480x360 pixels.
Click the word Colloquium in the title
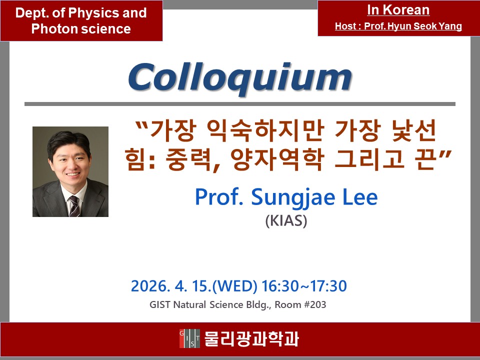coord(239,77)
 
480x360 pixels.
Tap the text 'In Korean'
coord(398,10)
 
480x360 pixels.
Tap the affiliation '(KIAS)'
coord(286,220)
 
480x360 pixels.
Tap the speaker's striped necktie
coord(74,205)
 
